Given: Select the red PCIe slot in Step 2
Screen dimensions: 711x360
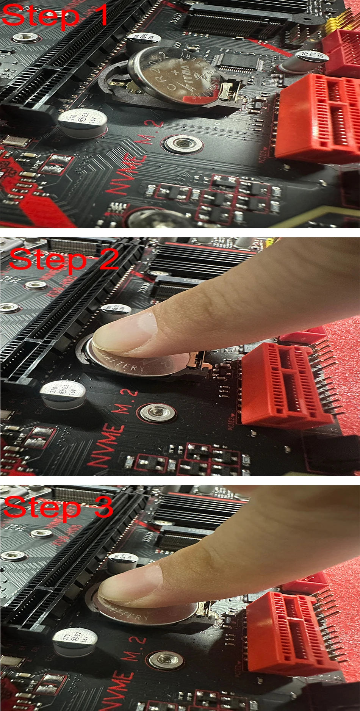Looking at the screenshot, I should click(286, 383).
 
